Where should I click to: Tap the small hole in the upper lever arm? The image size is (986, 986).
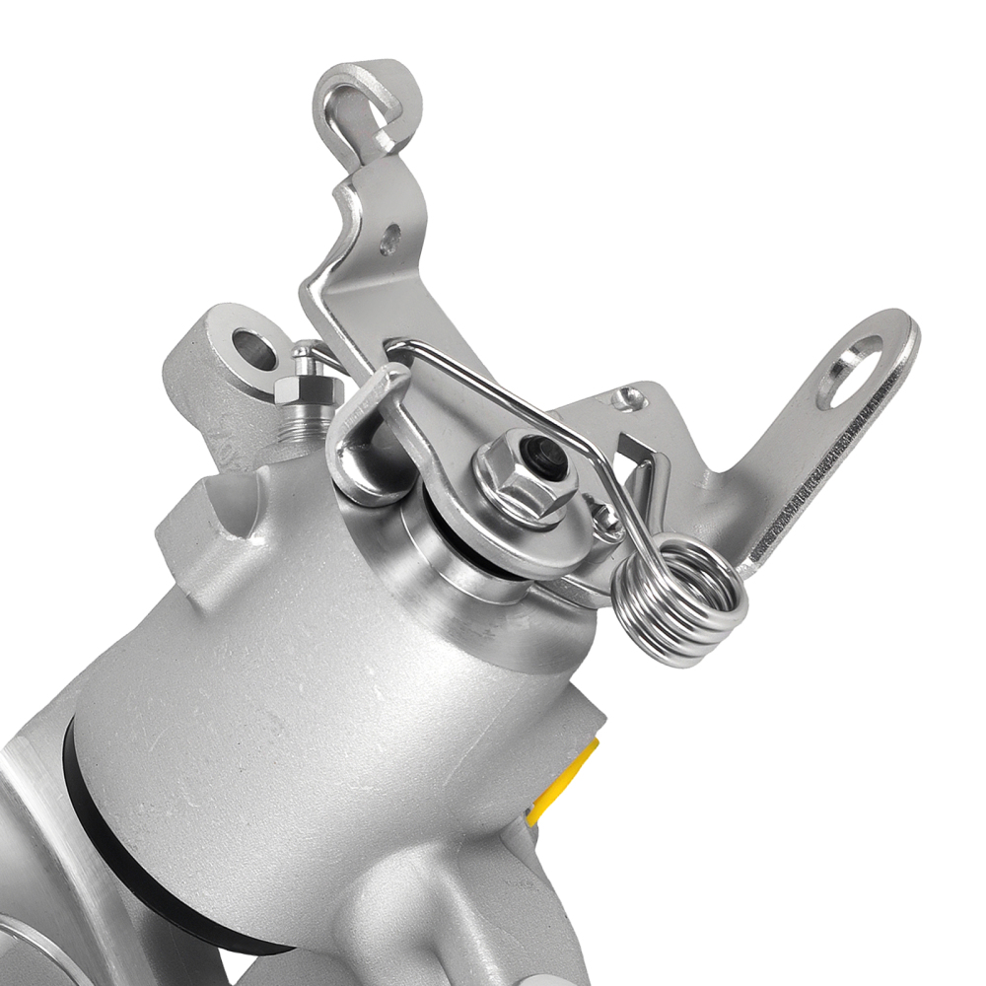pyautogui.click(x=389, y=237)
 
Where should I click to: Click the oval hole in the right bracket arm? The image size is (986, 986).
pyautogui.click(x=850, y=370)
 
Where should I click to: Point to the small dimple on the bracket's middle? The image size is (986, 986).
pyautogui.click(x=623, y=398)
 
